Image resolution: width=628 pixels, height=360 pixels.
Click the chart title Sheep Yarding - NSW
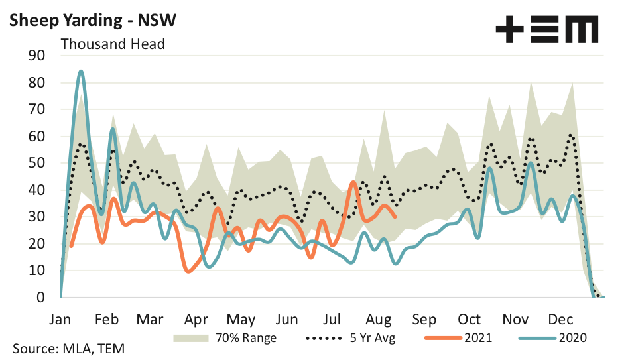pyautogui.click(x=92, y=21)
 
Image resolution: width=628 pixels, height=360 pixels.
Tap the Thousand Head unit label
pyautogui.click(x=113, y=44)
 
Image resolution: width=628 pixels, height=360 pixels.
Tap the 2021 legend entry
pyautogui.click(x=477, y=337)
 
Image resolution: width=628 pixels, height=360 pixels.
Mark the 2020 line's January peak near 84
pyautogui.click(x=81, y=71)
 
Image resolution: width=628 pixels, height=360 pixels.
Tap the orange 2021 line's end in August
pyautogui.click(x=395, y=216)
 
